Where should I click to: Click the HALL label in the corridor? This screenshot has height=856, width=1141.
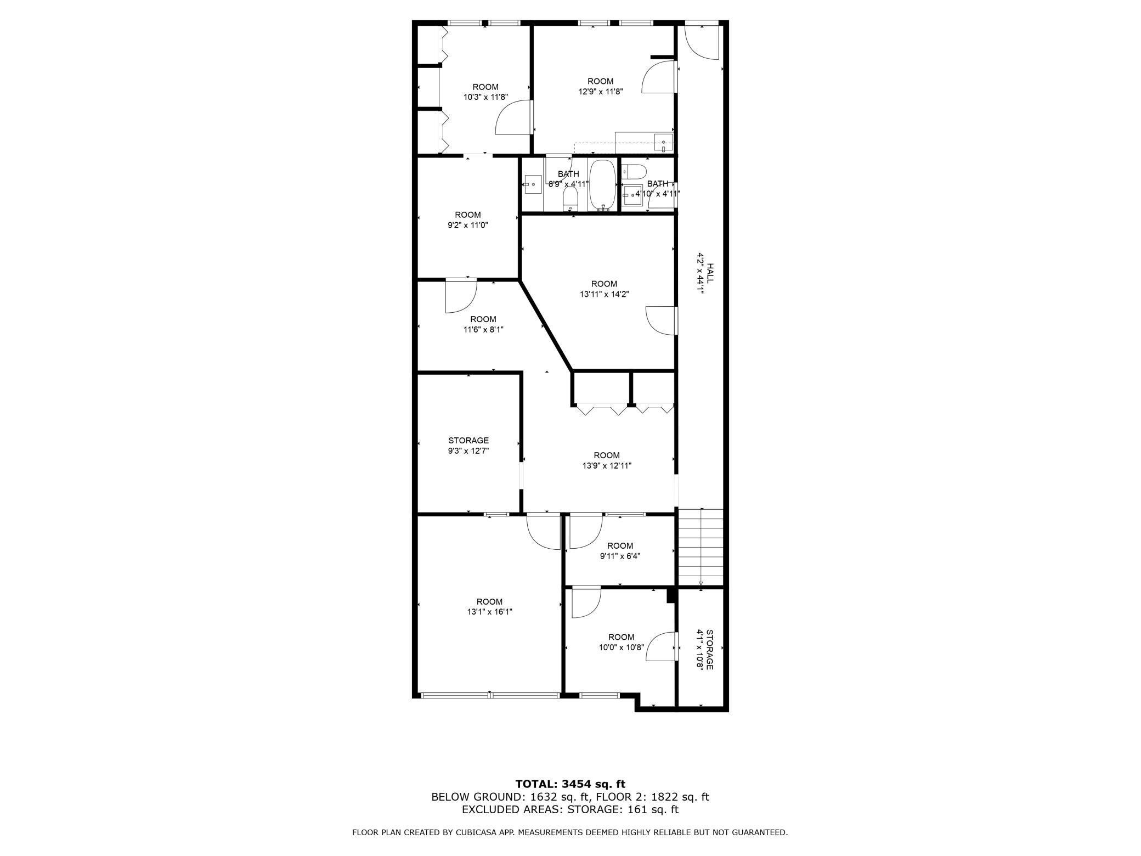click(x=710, y=273)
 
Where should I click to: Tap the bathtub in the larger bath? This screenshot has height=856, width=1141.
click(x=602, y=185)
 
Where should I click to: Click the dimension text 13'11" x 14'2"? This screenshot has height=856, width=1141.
click(x=604, y=294)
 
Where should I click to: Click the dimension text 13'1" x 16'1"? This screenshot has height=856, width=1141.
click(x=489, y=611)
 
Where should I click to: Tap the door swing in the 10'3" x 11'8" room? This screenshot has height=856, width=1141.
click(x=513, y=117)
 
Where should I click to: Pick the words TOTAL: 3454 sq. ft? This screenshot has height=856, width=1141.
click(x=570, y=784)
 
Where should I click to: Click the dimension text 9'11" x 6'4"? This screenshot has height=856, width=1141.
click(x=620, y=556)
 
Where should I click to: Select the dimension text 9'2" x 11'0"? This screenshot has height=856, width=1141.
click(x=467, y=225)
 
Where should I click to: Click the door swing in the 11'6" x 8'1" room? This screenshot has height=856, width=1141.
click(x=460, y=296)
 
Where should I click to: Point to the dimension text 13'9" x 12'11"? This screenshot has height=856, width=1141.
click(x=607, y=466)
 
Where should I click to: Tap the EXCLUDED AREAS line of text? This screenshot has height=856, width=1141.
click(x=570, y=809)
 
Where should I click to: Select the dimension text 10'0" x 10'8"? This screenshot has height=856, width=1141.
click(x=621, y=647)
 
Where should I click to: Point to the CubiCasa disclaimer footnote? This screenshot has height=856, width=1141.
click(x=570, y=832)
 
